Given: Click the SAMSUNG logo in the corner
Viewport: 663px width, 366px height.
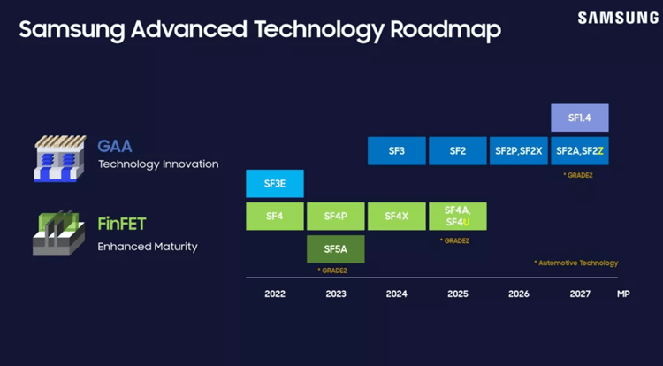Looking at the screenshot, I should pyautogui.click(x=617, y=18).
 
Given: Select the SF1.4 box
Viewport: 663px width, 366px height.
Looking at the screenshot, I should pyautogui.click(x=579, y=118).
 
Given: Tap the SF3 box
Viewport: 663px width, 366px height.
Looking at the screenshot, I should pyautogui.click(x=396, y=151).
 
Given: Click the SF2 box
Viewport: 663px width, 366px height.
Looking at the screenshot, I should pyautogui.click(x=457, y=151).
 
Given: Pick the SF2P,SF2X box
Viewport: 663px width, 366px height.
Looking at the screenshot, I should pyautogui.click(x=518, y=151).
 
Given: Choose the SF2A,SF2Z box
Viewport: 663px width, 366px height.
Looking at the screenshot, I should pyautogui.click(x=579, y=151).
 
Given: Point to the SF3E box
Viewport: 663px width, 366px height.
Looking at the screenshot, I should pyautogui.click(x=275, y=184).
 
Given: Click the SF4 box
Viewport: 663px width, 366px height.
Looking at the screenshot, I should pyautogui.click(x=275, y=216).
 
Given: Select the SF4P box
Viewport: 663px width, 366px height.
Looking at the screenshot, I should pyautogui.click(x=335, y=216).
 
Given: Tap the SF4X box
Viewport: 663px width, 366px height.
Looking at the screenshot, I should pyautogui.click(x=396, y=216).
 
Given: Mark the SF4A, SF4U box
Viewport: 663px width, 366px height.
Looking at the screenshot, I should pyautogui.click(x=457, y=216).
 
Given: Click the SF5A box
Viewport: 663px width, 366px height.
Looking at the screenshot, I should pyautogui.click(x=335, y=249).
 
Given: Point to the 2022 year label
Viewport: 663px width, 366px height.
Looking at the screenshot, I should pyautogui.click(x=275, y=294).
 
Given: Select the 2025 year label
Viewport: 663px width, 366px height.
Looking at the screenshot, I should pyautogui.click(x=457, y=294).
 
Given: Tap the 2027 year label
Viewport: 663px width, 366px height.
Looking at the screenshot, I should pyautogui.click(x=579, y=294).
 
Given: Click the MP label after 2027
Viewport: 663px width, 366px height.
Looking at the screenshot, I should pyautogui.click(x=623, y=294).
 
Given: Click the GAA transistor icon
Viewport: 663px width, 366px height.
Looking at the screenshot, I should pyautogui.click(x=59, y=158).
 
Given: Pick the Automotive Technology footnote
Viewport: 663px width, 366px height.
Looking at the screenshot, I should pyautogui.click(x=575, y=263).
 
